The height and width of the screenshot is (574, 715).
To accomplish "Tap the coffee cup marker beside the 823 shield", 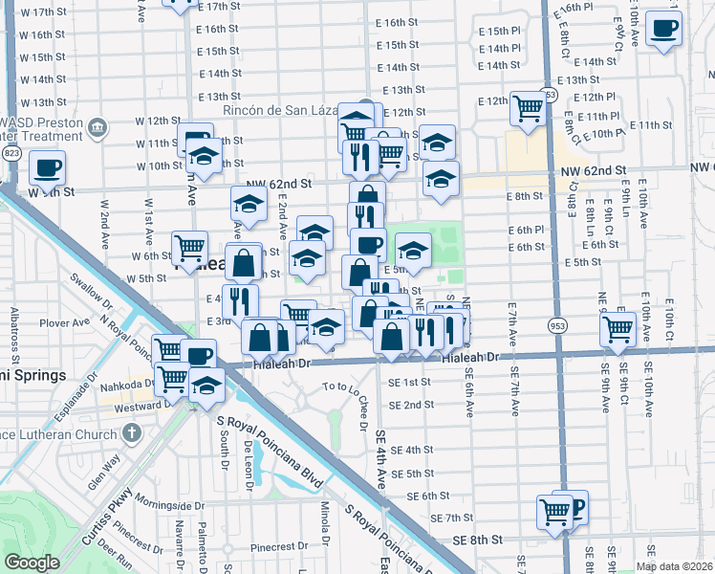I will point(46,168).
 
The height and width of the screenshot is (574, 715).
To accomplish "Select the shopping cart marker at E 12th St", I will point(527,108).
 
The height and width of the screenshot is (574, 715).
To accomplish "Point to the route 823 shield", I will point(11,153).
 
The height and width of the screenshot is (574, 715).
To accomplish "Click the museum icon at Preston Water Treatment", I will point(97,127).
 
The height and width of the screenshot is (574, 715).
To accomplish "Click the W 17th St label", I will point(49,12).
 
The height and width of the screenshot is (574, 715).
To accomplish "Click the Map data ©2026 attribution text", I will point(675,566).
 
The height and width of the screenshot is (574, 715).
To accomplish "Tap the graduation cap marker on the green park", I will point(413,250).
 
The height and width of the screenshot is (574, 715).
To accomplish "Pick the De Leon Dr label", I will point(247,465).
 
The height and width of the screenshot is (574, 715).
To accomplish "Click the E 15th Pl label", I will point(499,31).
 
